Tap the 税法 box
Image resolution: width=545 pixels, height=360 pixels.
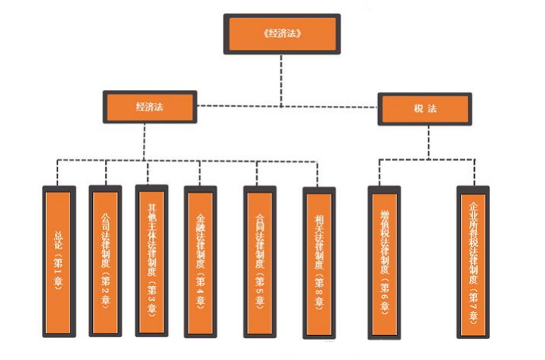point(424,109)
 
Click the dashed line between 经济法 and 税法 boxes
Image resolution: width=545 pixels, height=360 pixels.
point(287,106)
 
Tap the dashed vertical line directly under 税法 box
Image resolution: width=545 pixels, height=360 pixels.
point(427,140)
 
